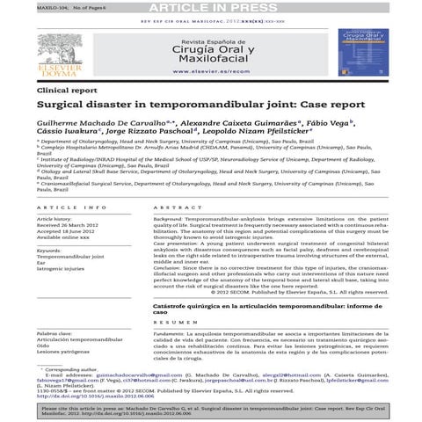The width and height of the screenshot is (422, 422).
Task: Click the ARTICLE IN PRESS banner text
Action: point(210,8)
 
